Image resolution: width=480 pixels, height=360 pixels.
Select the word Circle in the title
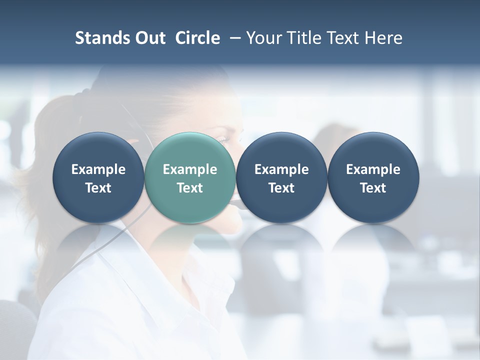197,38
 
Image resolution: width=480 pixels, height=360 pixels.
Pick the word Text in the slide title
341,38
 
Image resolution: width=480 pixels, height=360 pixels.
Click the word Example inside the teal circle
190,169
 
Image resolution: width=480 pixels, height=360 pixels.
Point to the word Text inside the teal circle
190,188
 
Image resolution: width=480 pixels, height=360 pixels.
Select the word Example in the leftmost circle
98,169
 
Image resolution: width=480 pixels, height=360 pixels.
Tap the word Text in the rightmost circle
373,188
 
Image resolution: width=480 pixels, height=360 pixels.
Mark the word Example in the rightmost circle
373,169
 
